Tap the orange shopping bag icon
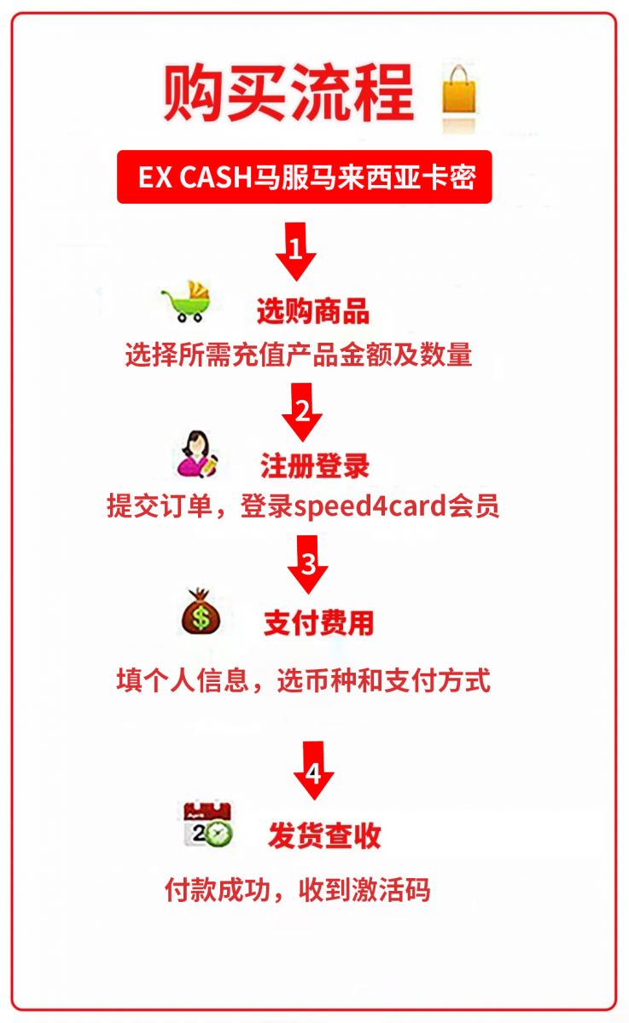tap(459, 91)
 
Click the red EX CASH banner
tap(305, 176)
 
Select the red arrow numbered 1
tap(296, 251)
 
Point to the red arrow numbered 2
tap(302, 412)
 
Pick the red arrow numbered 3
tap(307, 564)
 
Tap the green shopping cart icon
tap(187, 302)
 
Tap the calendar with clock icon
tap(208, 824)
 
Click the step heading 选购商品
tap(313, 311)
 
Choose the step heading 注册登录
tap(315, 465)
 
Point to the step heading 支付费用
tap(318, 623)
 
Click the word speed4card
tap(370, 506)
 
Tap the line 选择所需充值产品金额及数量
tap(299, 355)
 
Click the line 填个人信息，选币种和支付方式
tap(304, 680)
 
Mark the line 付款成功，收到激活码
tap(298, 889)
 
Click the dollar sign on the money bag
tap(201, 617)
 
